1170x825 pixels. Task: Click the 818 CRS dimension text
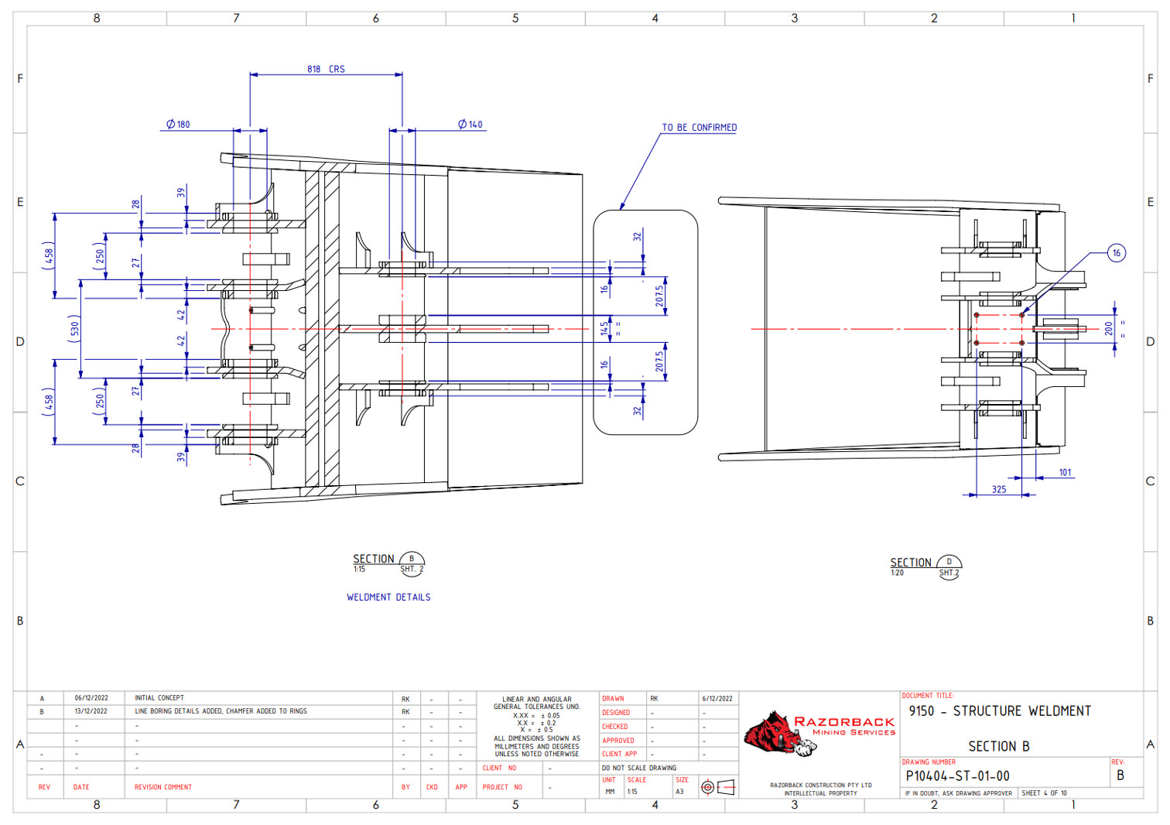(x=326, y=69)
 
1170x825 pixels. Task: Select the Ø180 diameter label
(x=178, y=124)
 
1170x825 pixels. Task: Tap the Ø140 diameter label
(x=470, y=124)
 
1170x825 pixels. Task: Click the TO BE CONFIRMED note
(x=699, y=128)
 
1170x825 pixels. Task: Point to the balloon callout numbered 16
(x=1116, y=253)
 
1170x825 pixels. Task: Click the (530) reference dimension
(x=74, y=328)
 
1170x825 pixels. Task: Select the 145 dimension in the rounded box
(x=604, y=328)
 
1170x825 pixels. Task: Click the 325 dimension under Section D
(x=999, y=489)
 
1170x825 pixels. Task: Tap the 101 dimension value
(x=1066, y=472)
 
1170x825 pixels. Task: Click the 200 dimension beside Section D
(x=1109, y=329)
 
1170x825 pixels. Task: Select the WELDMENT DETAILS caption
(x=388, y=597)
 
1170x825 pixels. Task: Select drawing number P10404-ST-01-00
(x=957, y=775)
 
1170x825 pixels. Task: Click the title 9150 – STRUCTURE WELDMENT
(x=1000, y=710)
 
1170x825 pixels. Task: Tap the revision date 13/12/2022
(x=91, y=711)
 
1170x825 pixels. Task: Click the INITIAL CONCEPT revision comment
(x=159, y=698)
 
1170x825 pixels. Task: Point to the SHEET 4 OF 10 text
(x=1044, y=793)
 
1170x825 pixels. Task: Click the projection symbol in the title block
(x=717, y=787)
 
